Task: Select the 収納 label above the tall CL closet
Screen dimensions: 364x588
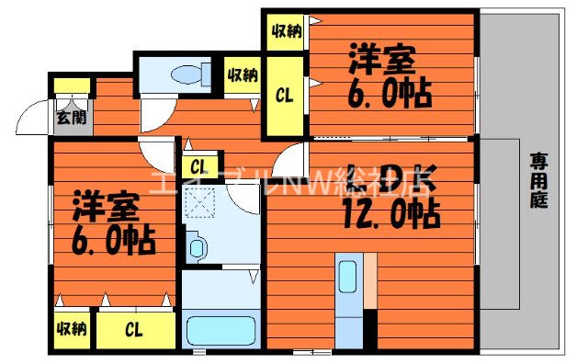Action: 286,32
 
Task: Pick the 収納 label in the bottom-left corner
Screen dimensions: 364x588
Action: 71,329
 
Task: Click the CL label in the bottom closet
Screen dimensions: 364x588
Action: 133,329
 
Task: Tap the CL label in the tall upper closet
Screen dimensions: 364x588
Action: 286,95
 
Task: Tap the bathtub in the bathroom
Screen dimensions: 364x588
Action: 220,331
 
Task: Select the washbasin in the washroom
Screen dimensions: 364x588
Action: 197,245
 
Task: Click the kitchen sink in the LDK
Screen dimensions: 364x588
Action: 347,275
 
